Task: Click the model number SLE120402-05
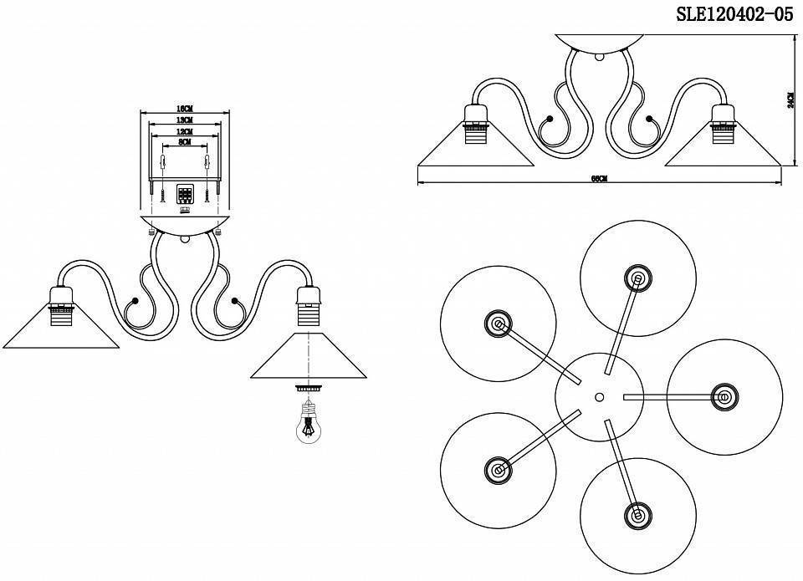[734, 14]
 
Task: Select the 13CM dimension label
[185, 121]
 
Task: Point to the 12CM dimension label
[185, 132]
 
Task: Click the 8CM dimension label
[185, 143]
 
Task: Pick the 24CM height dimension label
[790, 101]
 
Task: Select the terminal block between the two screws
[185, 195]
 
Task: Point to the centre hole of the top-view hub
[599, 397]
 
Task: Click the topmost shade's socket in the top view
[638, 279]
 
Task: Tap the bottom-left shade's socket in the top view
[499, 471]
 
